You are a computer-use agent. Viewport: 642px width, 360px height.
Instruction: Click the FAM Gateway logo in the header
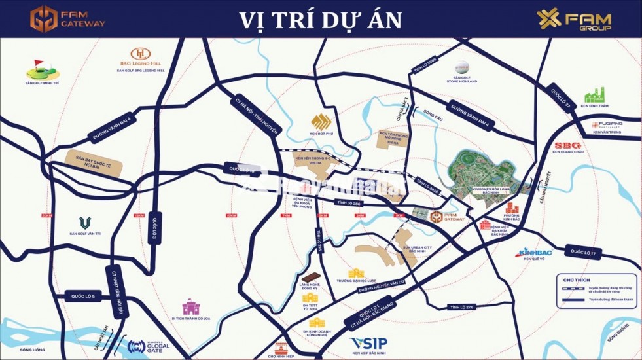pyautogui.click(x=67, y=18)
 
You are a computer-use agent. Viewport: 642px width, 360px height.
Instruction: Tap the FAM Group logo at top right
pyautogui.click(x=574, y=20)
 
